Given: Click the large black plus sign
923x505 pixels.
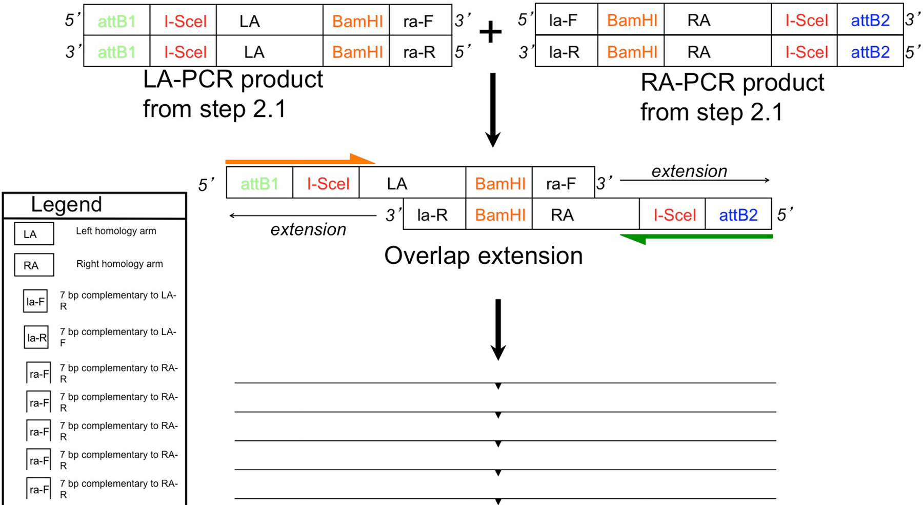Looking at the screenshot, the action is point(491,32).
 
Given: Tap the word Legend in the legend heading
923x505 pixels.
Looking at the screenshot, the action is point(66,205).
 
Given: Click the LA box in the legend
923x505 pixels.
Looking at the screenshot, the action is point(34,234).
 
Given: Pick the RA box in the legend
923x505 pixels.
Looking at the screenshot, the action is point(34,265).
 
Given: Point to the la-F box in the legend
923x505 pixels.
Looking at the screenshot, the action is point(35,302).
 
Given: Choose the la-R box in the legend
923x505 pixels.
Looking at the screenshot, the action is point(36,338).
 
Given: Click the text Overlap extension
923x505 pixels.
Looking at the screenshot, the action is point(483,256).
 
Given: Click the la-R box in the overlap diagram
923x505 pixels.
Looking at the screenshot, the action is point(434,215).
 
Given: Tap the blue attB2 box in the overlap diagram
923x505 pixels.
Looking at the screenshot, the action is point(738,215).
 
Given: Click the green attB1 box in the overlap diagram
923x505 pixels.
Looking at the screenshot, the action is point(259,183).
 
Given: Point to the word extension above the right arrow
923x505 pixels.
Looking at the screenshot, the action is point(689,171).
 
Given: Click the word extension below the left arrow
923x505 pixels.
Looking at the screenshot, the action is point(308,229).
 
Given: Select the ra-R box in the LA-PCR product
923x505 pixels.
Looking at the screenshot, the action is point(420,51).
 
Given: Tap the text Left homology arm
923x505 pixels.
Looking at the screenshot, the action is point(116,231).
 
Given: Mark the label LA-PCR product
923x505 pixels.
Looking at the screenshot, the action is point(233,80).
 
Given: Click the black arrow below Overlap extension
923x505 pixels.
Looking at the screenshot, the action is point(498,329).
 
